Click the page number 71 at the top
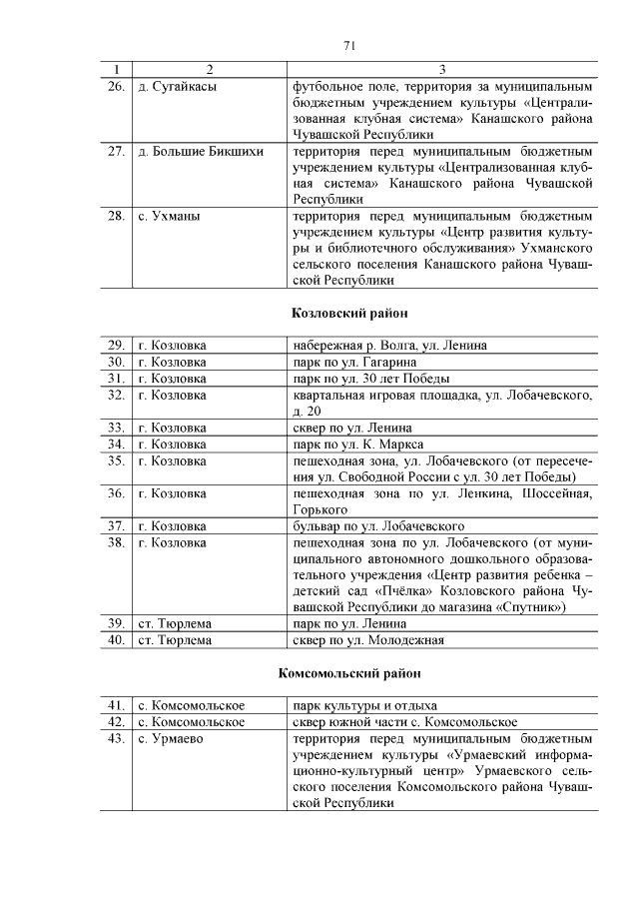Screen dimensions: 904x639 tap(349, 45)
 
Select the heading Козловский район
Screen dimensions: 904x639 tap(349, 314)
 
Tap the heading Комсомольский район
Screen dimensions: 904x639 tap(349, 673)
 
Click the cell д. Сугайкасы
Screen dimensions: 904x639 tap(177, 87)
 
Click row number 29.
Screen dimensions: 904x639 tap(115, 346)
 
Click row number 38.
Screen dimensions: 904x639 tap(115, 541)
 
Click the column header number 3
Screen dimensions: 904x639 tap(442, 69)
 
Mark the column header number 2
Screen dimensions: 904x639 tap(209, 69)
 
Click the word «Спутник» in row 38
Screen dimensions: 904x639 tap(529, 606)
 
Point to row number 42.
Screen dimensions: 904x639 tap(115, 721)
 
